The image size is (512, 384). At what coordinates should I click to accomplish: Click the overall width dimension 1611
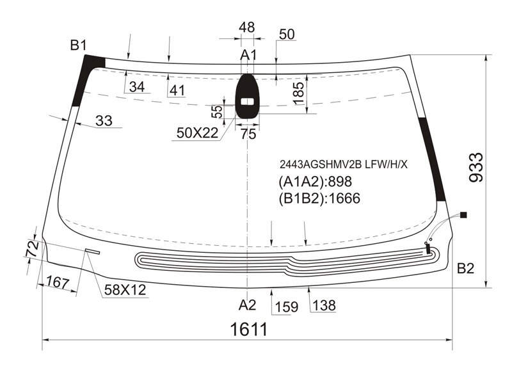(249, 329)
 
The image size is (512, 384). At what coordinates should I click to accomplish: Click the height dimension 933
(476, 167)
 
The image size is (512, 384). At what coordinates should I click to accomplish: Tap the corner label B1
(78, 45)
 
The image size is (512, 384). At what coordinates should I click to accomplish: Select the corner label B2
(465, 268)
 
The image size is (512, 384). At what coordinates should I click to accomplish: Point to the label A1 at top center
(248, 55)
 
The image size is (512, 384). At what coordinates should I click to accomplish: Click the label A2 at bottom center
(247, 305)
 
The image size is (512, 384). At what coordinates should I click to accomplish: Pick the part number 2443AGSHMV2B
(321, 164)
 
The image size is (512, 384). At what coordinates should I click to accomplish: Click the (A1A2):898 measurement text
(315, 182)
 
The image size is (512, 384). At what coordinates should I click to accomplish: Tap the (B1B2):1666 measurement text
(319, 198)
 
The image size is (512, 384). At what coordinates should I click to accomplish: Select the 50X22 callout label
(197, 133)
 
